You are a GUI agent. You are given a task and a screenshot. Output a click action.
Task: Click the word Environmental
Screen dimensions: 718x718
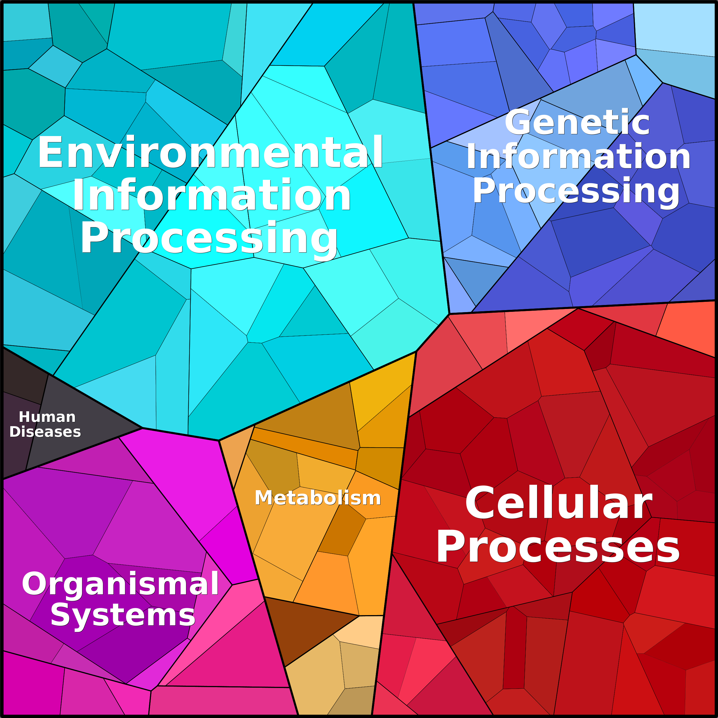coord(210,153)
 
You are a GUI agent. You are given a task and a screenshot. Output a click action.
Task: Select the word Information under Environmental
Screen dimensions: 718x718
coord(211,196)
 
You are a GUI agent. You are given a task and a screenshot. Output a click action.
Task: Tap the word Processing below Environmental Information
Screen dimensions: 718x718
coord(209,238)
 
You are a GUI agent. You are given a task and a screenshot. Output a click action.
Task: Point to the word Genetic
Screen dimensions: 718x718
coord(577,123)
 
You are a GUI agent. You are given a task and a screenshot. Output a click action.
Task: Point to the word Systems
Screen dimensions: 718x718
coord(123,615)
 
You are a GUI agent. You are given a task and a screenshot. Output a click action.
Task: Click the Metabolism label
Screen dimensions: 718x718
coord(318,498)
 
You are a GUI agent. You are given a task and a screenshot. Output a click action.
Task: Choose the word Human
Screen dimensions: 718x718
coord(47,417)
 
